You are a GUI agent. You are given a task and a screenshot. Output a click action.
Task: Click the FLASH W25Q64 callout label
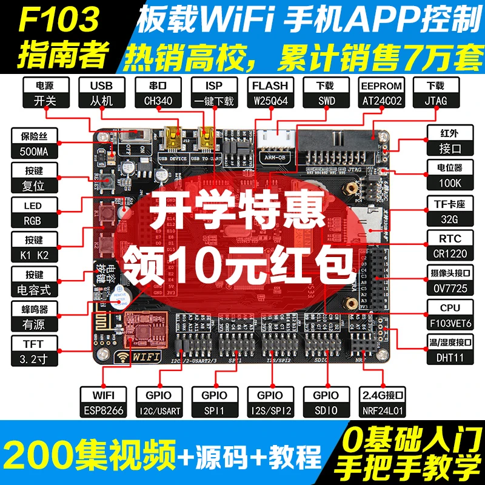tap(270, 93)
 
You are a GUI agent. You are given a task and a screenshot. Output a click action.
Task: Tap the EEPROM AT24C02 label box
tap(381, 93)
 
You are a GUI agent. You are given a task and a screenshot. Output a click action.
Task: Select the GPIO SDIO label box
tap(326, 403)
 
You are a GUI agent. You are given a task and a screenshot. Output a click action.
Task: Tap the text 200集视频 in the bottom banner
tap(91, 453)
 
